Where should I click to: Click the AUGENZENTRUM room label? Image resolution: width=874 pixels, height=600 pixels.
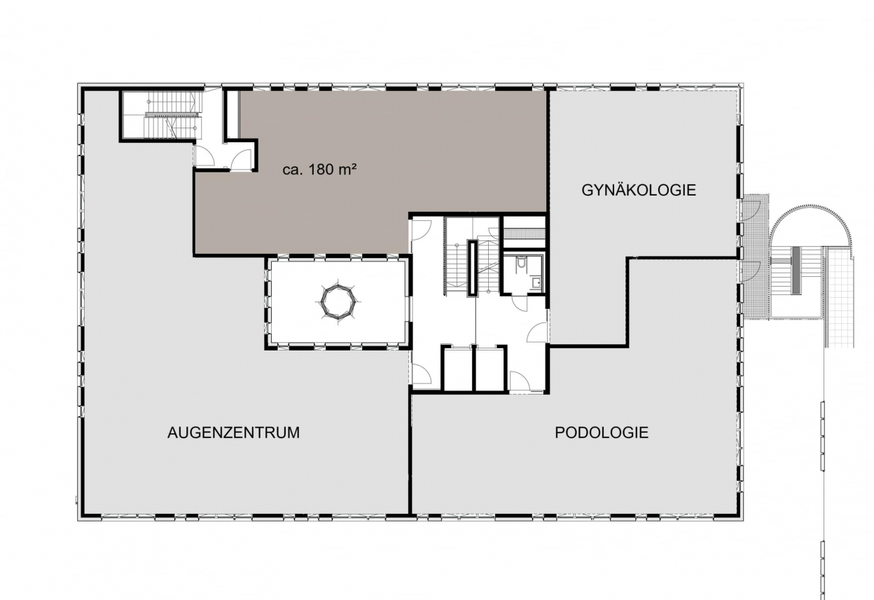pos(233,432)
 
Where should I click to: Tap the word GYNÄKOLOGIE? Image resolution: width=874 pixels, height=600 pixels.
pos(639,190)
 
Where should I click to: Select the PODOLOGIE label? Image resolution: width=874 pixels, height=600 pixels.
pos(602,432)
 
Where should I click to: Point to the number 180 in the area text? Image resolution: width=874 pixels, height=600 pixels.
pos(321,170)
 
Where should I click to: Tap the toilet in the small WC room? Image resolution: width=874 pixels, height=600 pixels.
pos(521,263)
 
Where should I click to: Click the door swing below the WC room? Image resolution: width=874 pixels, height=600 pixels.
pos(519,303)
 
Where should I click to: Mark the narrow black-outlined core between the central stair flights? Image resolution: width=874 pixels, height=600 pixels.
pos(473,268)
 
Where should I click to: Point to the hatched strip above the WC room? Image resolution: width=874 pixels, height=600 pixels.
pos(524,233)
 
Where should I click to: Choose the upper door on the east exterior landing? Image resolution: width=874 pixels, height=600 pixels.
pos(751,210)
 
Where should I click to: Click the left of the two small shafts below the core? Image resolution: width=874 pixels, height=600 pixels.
pos(458,369)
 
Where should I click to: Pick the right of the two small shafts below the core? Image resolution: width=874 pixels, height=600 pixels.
pos(490,369)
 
